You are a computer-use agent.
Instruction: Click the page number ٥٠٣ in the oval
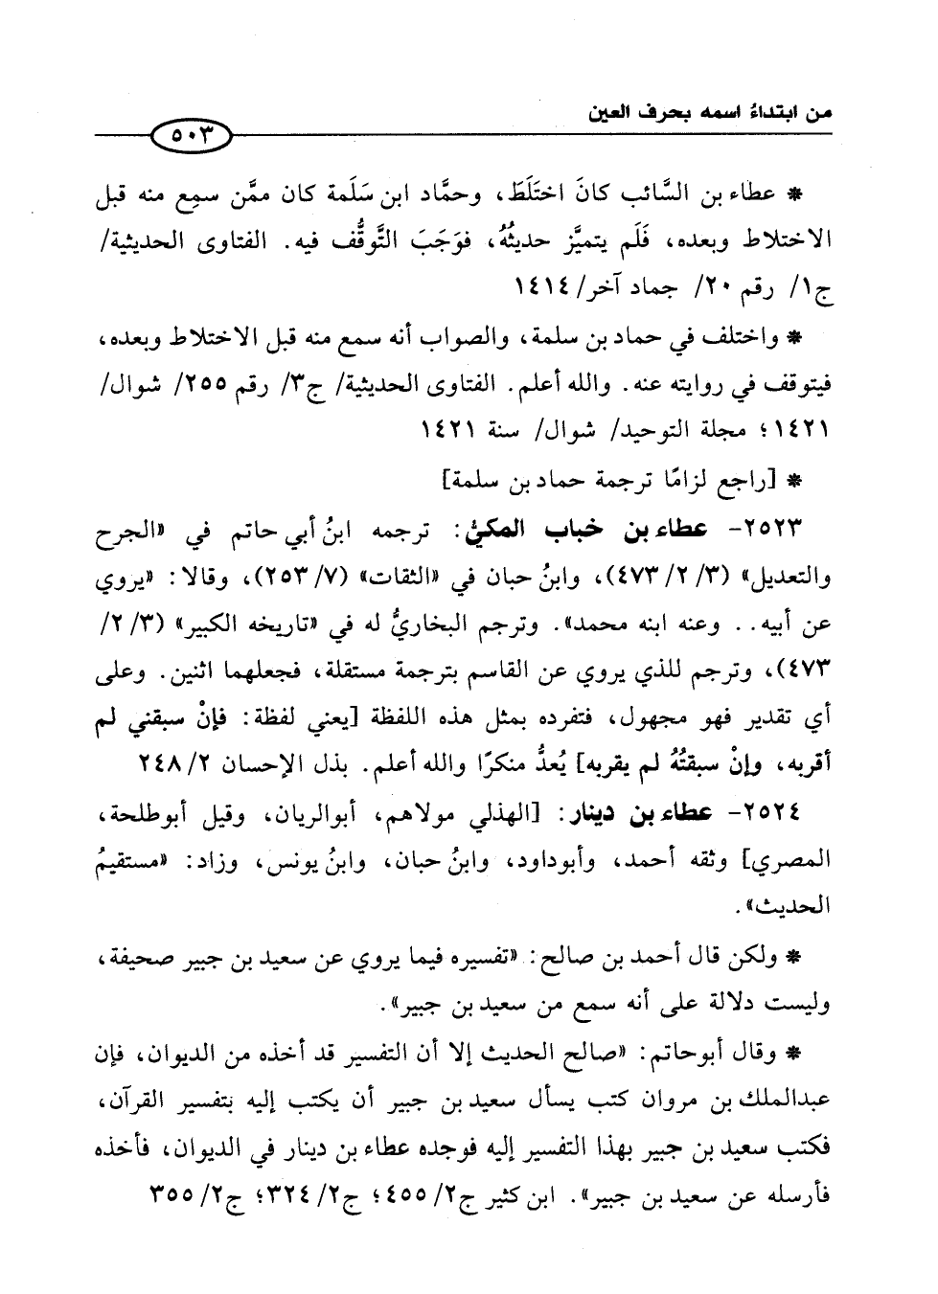[191, 138]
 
